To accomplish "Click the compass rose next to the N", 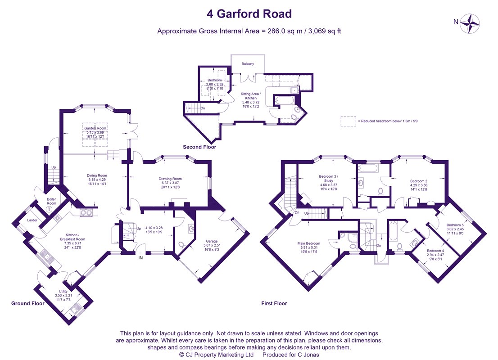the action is click(470, 23).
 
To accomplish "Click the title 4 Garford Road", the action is click(249, 14).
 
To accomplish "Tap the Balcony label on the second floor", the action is click(248, 64).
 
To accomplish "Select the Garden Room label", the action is click(95, 128).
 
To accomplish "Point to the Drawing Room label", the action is click(170, 179).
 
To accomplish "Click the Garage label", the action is click(212, 241).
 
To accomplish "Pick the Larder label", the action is click(32, 220).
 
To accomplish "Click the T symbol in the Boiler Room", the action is click(49, 209).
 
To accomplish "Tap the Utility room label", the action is click(63, 291).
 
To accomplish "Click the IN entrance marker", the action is click(140, 258).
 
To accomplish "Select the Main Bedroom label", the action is click(309, 243).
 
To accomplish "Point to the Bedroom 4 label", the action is click(435, 251).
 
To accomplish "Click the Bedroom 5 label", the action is click(455, 225).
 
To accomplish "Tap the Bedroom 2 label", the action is click(419, 181).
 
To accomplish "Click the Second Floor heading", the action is click(199, 147).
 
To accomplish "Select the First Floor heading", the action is click(274, 303).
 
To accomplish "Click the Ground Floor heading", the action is click(28, 303).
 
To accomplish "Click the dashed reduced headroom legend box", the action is click(349, 121).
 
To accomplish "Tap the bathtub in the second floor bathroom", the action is click(285, 101).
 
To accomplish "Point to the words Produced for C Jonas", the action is click(290, 355).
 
